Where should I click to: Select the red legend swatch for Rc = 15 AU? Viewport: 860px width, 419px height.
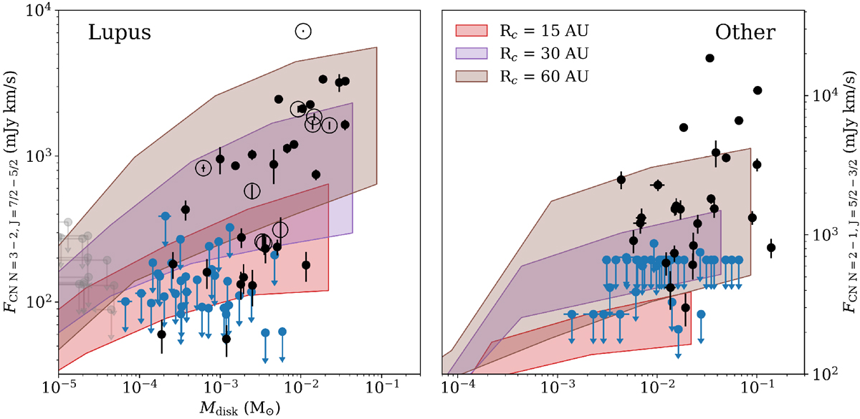pyautogui.click(x=470, y=30)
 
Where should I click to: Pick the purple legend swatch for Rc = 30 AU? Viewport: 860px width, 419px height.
pyautogui.click(x=470, y=52)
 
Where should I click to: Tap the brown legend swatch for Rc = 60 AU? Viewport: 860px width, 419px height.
pyautogui.click(x=470, y=75)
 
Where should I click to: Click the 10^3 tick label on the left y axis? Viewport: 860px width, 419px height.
pyautogui.click(x=37, y=156)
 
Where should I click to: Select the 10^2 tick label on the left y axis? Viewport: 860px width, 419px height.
pyautogui.click(x=37, y=302)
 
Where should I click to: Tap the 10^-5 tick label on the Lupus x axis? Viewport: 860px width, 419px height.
pyautogui.click(x=58, y=387)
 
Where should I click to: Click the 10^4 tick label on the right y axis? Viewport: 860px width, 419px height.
pyautogui.click(x=822, y=95)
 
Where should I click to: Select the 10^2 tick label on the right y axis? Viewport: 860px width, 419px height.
pyautogui.click(x=822, y=373)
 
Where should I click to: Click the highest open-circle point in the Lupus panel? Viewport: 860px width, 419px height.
pyautogui.click(x=303, y=31)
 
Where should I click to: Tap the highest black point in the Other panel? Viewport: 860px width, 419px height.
pyautogui.click(x=710, y=58)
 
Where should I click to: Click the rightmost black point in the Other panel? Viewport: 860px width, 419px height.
pyautogui.click(x=771, y=248)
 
